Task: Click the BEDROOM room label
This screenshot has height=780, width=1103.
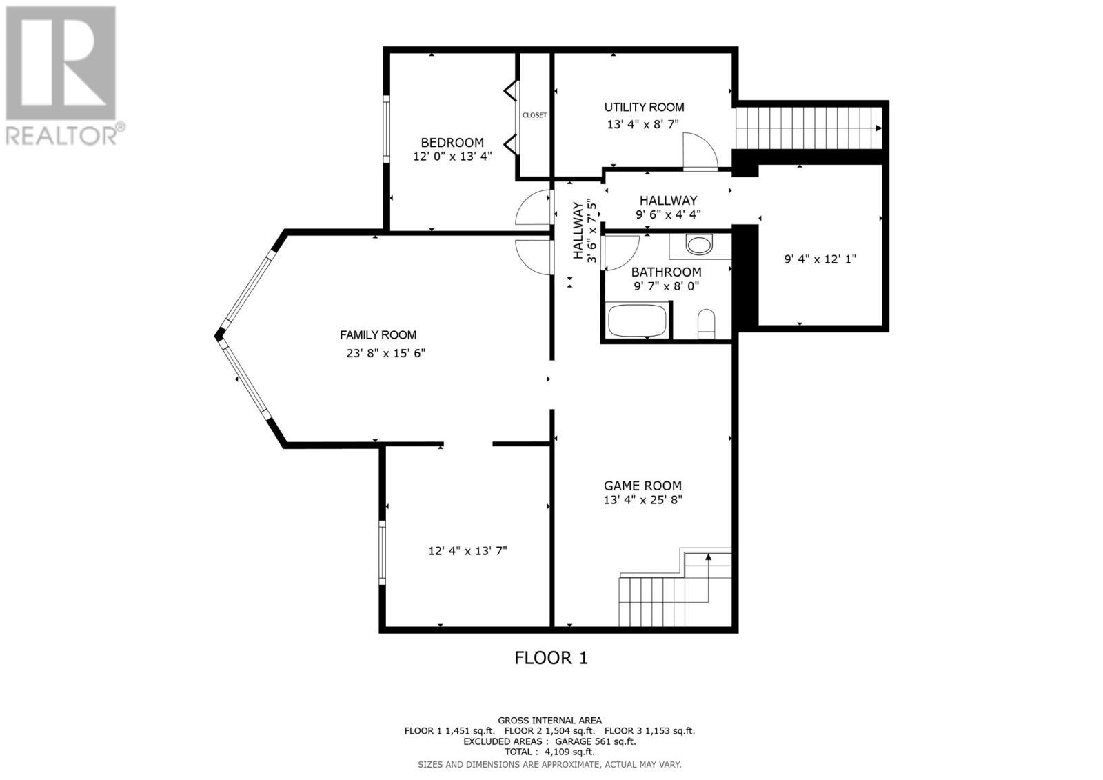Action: [452, 143]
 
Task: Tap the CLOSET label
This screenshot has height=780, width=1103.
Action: [534, 115]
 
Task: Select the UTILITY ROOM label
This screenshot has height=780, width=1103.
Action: [644, 107]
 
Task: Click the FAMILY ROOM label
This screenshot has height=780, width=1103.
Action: [378, 335]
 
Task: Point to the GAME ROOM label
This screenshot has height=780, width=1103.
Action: [642, 486]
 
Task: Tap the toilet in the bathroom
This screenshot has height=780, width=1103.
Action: [707, 323]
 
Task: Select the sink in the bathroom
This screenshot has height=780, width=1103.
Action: [700, 245]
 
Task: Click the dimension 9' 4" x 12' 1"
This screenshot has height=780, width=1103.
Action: [820, 259]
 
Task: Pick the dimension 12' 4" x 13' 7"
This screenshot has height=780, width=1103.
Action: [467, 551]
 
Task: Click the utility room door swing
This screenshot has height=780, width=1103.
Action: [698, 152]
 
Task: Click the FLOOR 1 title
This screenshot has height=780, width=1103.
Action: [551, 658]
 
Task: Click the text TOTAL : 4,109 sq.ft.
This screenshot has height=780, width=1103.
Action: [549, 752]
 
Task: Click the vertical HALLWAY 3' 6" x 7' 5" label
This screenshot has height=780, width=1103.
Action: [584, 231]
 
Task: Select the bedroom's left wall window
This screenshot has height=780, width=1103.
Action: [387, 131]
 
